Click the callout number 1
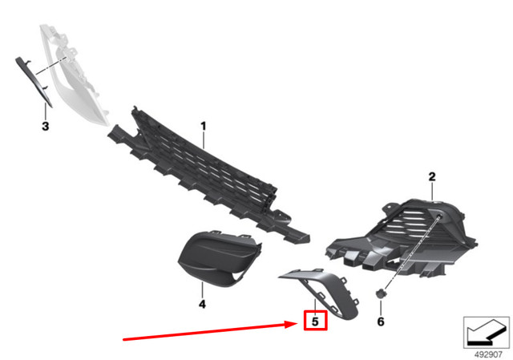pos(204,126)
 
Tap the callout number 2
pos(431,176)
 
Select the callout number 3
pos(45,127)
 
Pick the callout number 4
pos(202,305)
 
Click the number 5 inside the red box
pos(316,322)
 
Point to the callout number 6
pos(381,322)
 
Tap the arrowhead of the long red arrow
pos(296,323)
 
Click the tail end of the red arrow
pos(124,340)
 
